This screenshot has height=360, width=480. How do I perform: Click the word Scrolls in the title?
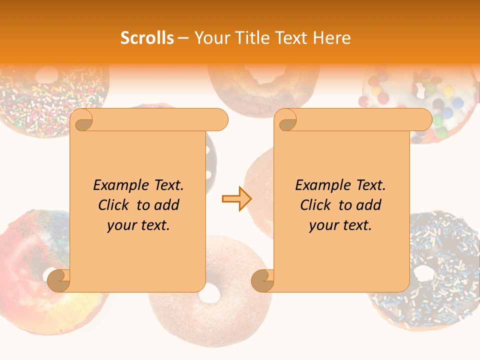(x=147, y=38)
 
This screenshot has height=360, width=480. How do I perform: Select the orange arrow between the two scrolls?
(x=236, y=199)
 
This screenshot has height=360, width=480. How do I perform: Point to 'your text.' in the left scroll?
(x=138, y=225)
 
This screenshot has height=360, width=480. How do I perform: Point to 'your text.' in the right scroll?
(x=340, y=225)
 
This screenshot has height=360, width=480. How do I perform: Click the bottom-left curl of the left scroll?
(x=59, y=280)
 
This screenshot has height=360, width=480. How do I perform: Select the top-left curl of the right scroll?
(x=287, y=120)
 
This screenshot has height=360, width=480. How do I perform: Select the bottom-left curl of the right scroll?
(x=262, y=280)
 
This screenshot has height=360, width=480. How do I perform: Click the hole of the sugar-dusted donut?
(x=209, y=294)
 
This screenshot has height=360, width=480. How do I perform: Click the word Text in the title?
(x=292, y=38)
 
